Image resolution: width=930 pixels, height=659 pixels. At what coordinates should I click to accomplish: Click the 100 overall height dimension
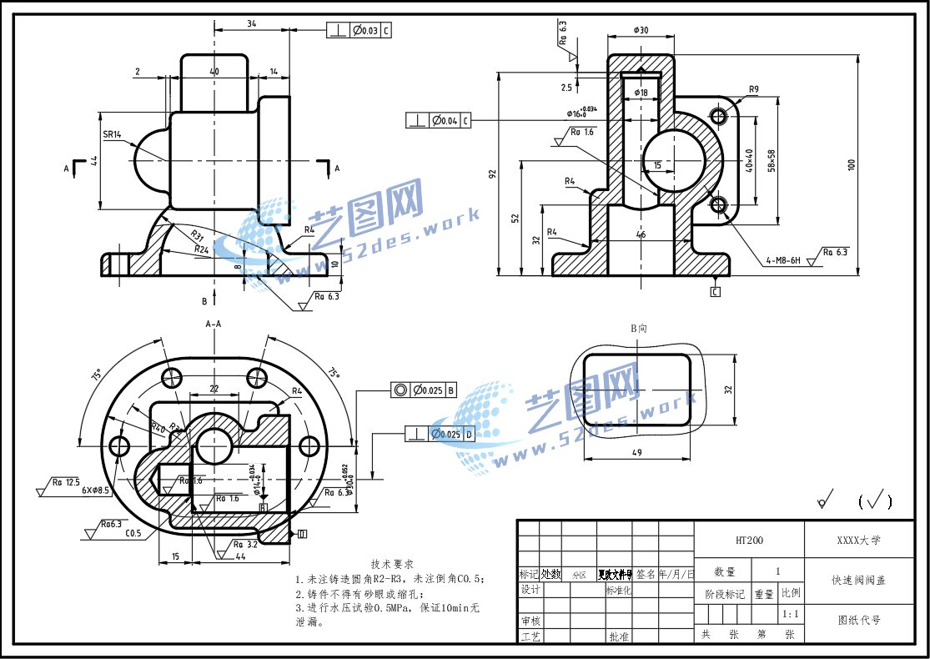coord(852,164)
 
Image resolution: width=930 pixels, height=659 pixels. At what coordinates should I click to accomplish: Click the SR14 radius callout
coord(113,133)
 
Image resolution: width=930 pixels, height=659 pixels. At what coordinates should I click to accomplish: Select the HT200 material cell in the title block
coord(748,541)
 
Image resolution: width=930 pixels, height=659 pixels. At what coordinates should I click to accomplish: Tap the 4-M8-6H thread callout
coord(783,261)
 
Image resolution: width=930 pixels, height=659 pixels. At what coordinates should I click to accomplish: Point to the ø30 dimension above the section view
coord(641,30)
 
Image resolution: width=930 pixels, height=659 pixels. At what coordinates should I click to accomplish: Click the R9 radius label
coord(753,89)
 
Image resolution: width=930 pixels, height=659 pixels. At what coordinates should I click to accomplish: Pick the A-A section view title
coord(214,324)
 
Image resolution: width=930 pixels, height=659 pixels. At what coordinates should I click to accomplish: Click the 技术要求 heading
coord(392,565)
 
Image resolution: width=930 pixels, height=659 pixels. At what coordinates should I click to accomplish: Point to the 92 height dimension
coord(492,174)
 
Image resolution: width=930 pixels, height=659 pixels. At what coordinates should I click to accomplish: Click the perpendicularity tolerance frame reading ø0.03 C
coord(359,31)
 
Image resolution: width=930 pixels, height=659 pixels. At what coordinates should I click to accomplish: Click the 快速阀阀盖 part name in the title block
coord(858,580)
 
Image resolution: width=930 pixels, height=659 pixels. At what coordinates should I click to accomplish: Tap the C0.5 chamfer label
coord(133,533)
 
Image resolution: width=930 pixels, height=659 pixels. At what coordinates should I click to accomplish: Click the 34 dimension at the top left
coord(251,23)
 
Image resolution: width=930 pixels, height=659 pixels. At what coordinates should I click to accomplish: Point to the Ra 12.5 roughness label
coord(65,482)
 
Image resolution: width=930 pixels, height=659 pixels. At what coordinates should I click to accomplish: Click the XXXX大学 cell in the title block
coord(858,541)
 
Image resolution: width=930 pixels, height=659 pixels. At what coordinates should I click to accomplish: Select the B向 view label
coord(638,329)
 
